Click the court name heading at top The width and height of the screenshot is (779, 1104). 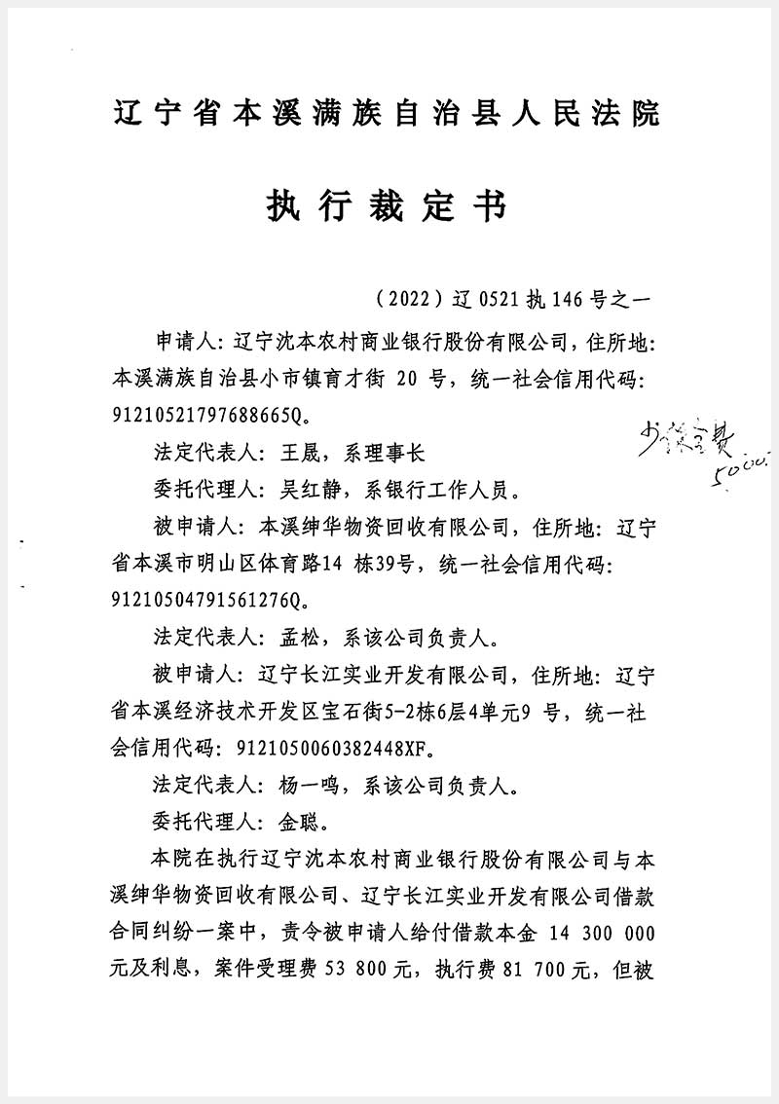click(388, 114)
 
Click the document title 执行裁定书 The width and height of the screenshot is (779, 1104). click(387, 206)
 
